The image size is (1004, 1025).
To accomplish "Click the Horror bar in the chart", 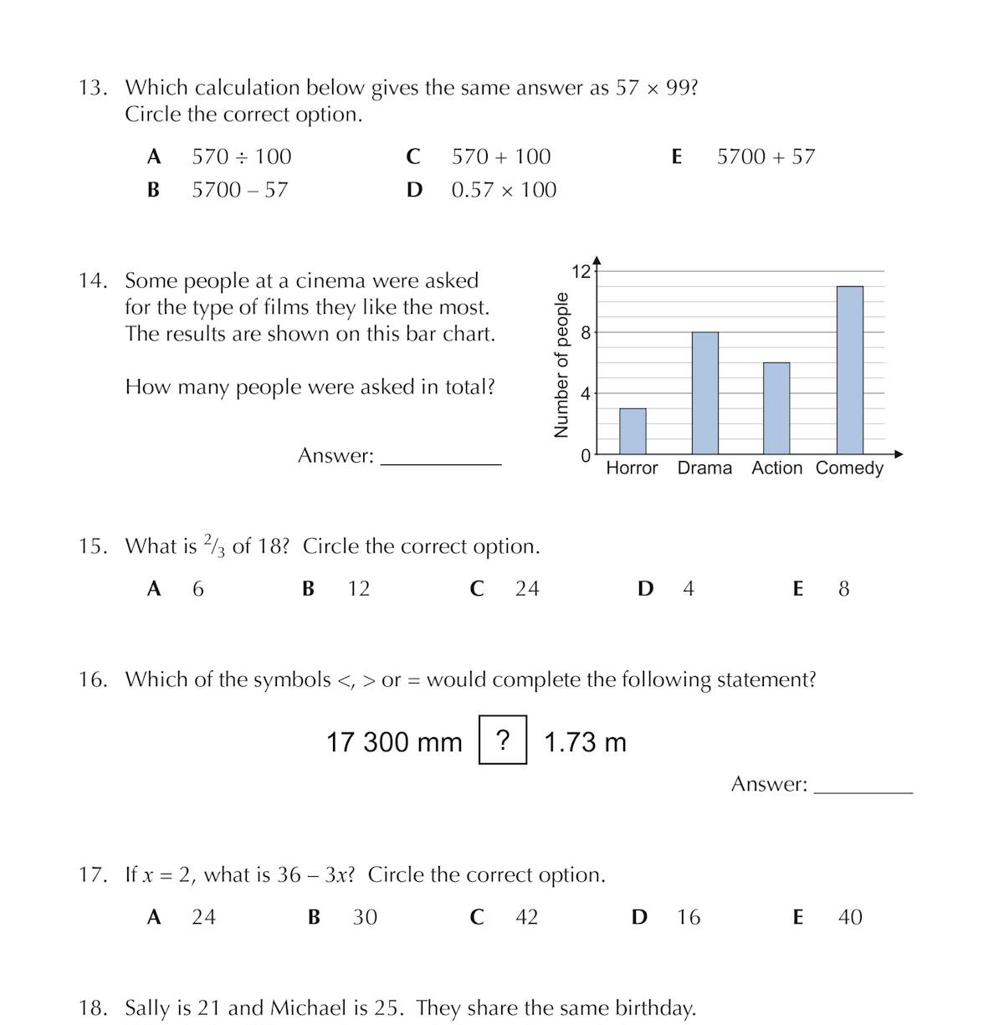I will coord(633,431).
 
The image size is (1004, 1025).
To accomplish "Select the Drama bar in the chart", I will coord(704,392).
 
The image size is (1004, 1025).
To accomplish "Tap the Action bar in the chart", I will coord(776,408).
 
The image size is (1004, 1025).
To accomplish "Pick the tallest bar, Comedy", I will coord(850,370).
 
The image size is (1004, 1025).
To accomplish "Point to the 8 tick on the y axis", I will coord(586,332).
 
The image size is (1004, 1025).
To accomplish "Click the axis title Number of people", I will coord(561,364).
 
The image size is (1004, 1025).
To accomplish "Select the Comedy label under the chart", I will coord(849,468).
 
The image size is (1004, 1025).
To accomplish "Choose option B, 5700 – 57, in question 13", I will coord(239,190).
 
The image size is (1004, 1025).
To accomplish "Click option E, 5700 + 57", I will coord(766,156).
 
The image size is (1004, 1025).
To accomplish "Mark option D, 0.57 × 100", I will coord(504,190).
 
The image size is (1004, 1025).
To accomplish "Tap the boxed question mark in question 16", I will coord(503,740).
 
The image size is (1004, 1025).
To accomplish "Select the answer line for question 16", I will coord(863,788).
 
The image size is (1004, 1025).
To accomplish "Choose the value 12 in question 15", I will coord(359,589).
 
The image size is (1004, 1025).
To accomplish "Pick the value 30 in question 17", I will coord(365,918).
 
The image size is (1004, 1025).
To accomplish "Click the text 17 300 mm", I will coord(394,742).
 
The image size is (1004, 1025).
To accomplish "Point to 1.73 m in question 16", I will coord(585,742).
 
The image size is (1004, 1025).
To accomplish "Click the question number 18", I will coord(92,1008).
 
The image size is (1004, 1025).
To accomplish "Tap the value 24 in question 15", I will coord(527,589).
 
